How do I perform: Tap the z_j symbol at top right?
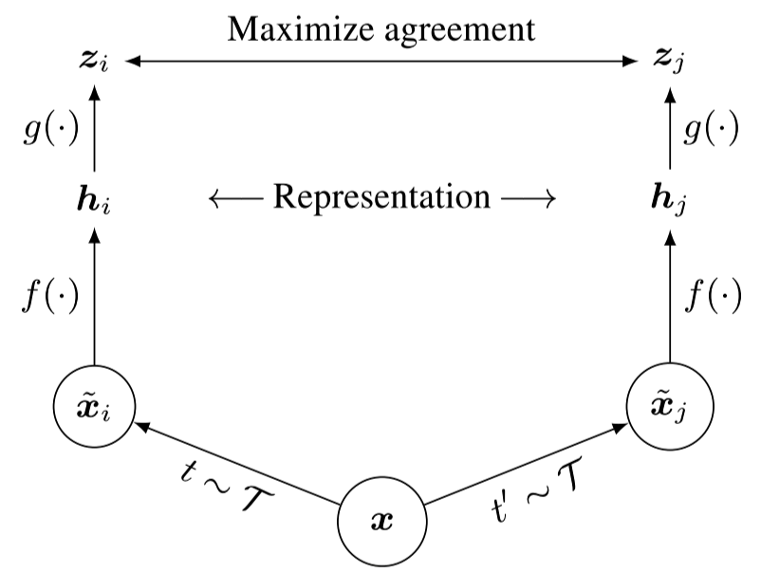tap(669, 63)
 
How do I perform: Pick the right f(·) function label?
tap(715, 296)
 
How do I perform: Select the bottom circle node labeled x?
tap(381, 520)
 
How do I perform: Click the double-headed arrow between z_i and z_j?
tap(381, 62)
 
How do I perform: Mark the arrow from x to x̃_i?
tap(237, 462)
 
